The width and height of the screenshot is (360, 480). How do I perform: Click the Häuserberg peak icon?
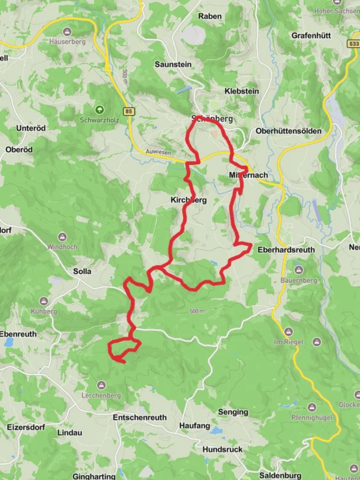click(67, 32)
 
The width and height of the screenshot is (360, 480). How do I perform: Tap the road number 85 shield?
click(129, 112)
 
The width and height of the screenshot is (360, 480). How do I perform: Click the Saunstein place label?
click(173, 64)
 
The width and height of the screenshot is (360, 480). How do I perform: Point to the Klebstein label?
click(241, 91)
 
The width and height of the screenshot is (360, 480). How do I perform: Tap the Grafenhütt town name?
click(311, 35)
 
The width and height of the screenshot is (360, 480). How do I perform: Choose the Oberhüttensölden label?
click(288, 131)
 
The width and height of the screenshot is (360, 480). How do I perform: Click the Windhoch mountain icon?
click(62, 237)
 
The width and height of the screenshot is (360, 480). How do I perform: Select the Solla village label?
click(82, 271)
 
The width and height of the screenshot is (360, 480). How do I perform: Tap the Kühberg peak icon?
click(44, 301)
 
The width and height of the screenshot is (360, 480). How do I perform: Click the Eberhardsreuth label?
click(286, 250)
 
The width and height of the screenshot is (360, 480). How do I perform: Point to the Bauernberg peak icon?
click(298, 270)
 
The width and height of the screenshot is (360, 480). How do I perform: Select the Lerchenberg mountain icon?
click(101, 385)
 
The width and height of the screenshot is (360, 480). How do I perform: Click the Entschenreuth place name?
click(140, 417)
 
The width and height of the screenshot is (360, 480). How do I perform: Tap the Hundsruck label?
click(222, 449)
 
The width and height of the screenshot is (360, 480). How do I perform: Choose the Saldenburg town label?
click(280, 475)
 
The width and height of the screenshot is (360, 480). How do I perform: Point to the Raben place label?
click(210, 16)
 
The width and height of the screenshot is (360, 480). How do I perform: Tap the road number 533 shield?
click(353, 44)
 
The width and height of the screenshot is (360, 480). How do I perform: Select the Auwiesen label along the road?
click(158, 152)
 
